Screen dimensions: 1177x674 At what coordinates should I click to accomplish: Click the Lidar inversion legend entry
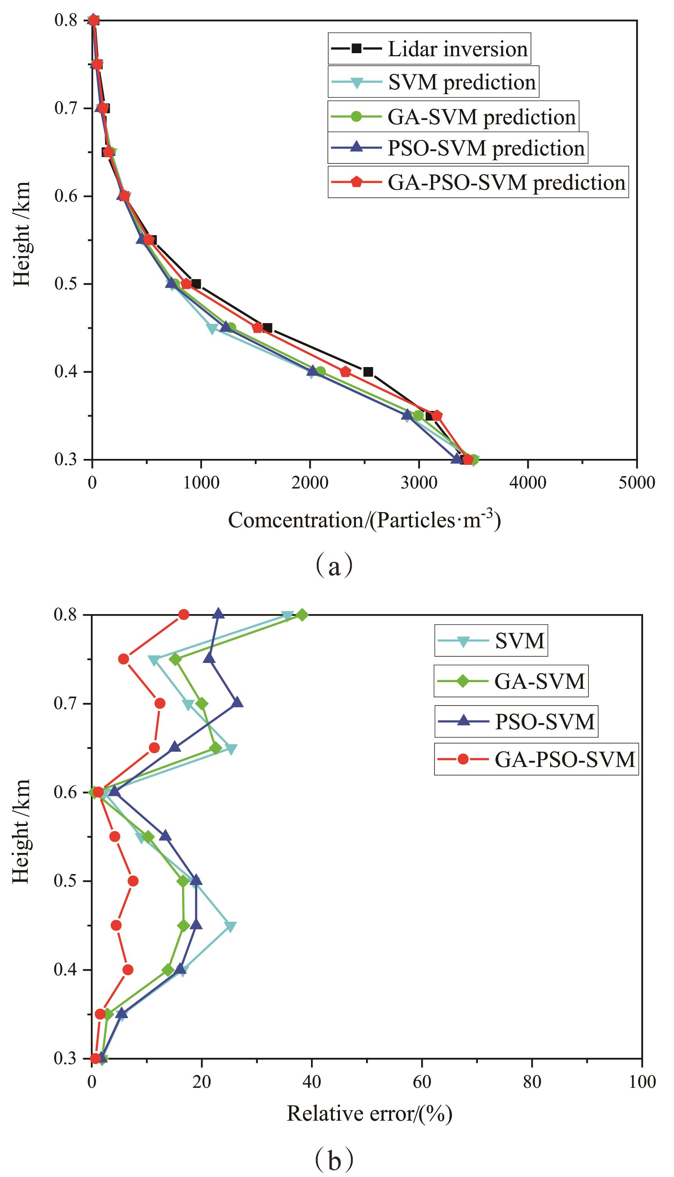tap(429, 48)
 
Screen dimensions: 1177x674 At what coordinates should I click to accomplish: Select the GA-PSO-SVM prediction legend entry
tap(478, 183)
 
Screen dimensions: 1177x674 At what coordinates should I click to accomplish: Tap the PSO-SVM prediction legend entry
tap(458, 148)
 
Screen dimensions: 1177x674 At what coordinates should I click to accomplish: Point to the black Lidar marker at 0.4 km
tap(368, 372)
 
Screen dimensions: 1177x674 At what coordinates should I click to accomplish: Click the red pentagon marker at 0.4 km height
tap(345, 372)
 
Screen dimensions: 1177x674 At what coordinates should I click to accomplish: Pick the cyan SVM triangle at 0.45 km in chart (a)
tap(212, 329)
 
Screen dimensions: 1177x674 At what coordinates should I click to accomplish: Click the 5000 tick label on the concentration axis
tap(637, 483)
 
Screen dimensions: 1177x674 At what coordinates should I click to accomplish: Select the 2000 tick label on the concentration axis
tap(310, 483)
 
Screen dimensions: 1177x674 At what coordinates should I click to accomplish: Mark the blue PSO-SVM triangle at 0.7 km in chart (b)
tap(237, 703)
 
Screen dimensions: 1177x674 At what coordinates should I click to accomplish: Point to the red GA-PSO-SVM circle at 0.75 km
tap(123, 659)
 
